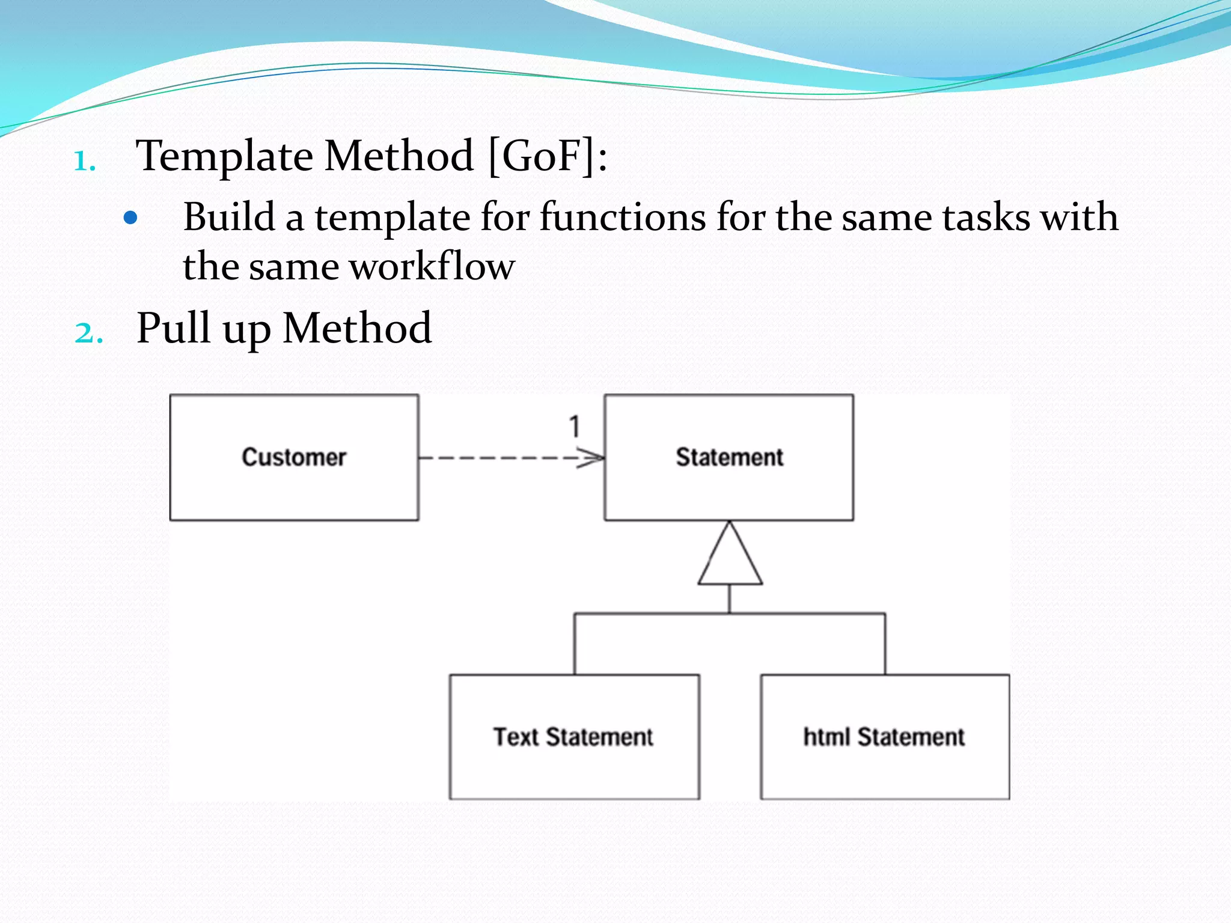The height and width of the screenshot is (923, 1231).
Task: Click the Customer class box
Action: pyautogui.click(x=294, y=457)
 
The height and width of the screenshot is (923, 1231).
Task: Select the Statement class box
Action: pyautogui.click(x=729, y=457)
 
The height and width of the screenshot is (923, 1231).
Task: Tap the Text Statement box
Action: pyautogui.click(x=574, y=737)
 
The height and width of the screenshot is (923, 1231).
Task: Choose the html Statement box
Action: pyautogui.click(x=885, y=737)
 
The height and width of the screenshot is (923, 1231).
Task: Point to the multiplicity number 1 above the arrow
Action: pyautogui.click(x=575, y=427)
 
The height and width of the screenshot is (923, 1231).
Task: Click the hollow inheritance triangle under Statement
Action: pyautogui.click(x=730, y=559)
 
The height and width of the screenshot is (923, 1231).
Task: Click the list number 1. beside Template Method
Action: pyautogui.click(x=85, y=161)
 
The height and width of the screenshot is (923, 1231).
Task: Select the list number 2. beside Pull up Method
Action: pyautogui.click(x=88, y=333)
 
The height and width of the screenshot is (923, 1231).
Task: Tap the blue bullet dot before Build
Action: pyautogui.click(x=130, y=218)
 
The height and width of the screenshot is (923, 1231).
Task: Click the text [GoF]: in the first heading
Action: pyautogui.click(x=547, y=156)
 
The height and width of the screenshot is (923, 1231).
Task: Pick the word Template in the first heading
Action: pyautogui.click(x=224, y=156)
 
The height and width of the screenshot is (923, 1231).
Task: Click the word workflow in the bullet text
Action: pyautogui.click(x=432, y=266)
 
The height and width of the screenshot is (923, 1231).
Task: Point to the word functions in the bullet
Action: pyautogui.click(x=622, y=217)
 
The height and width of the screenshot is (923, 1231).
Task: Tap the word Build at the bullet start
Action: pyautogui.click(x=229, y=217)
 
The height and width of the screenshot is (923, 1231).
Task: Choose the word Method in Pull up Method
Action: pyautogui.click(x=357, y=328)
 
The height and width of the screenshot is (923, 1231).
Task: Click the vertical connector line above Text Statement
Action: pyautogui.click(x=575, y=644)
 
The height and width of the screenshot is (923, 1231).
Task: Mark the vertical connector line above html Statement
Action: pyautogui.click(x=885, y=644)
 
